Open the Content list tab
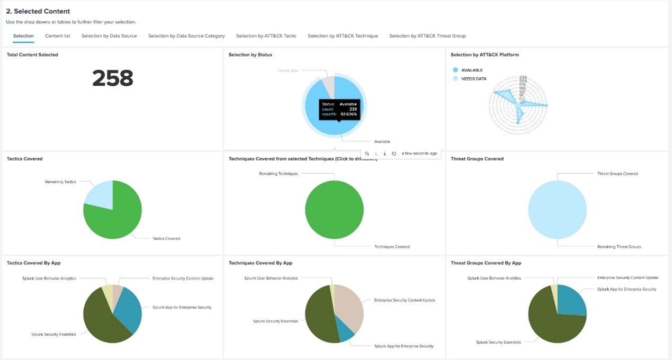(x=58, y=36)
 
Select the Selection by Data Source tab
(x=109, y=36)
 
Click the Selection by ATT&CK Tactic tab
(x=266, y=36)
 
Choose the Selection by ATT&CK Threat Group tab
(x=427, y=36)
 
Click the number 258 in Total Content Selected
(x=112, y=78)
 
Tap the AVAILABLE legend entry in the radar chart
(x=472, y=70)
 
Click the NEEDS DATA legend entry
(x=473, y=79)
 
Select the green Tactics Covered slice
(x=117, y=217)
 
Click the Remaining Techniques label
(x=278, y=174)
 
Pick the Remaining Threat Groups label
(x=619, y=247)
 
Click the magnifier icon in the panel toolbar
(x=367, y=154)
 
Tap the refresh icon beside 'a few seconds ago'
(x=394, y=154)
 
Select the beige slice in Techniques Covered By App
(x=349, y=307)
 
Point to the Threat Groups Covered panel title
(x=477, y=159)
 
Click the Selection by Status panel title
(x=250, y=55)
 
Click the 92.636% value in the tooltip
(x=348, y=114)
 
